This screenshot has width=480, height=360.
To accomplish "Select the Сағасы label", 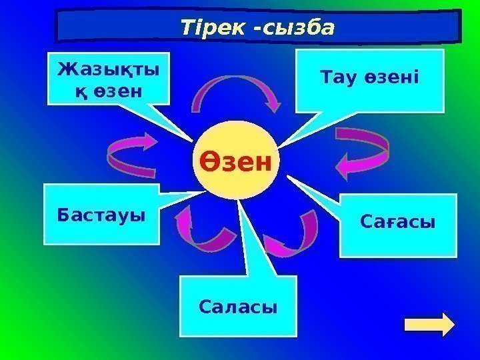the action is (397, 221).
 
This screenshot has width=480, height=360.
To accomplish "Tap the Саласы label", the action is (237, 307).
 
